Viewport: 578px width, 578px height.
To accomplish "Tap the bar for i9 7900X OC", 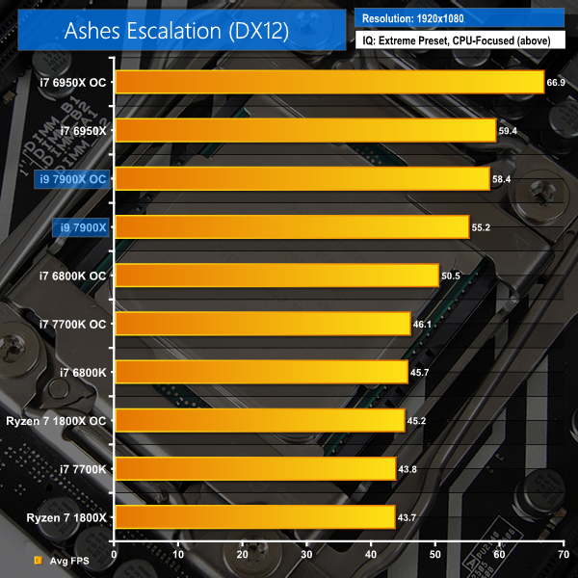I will coord(302,178).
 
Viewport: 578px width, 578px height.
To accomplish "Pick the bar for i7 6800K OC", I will coord(276,276).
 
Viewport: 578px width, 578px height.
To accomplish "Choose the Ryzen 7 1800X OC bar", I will coord(259,420).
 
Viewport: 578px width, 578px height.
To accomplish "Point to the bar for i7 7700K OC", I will coord(262,324).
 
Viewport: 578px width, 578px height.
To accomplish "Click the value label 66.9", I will coord(556,83).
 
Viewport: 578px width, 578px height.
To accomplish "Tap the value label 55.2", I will coord(481,227).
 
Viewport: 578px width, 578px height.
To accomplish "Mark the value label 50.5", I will coord(451,276).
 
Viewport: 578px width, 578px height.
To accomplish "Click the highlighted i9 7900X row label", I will coord(82,227).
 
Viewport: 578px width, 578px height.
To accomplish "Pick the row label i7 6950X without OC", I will coord(83,130).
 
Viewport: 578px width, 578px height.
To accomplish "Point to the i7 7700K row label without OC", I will coord(83,469).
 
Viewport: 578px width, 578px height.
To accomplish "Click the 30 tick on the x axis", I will coord(306,557).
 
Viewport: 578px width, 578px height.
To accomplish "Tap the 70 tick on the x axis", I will coord(563,557).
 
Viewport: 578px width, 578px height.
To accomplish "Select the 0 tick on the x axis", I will coord(114,557).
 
